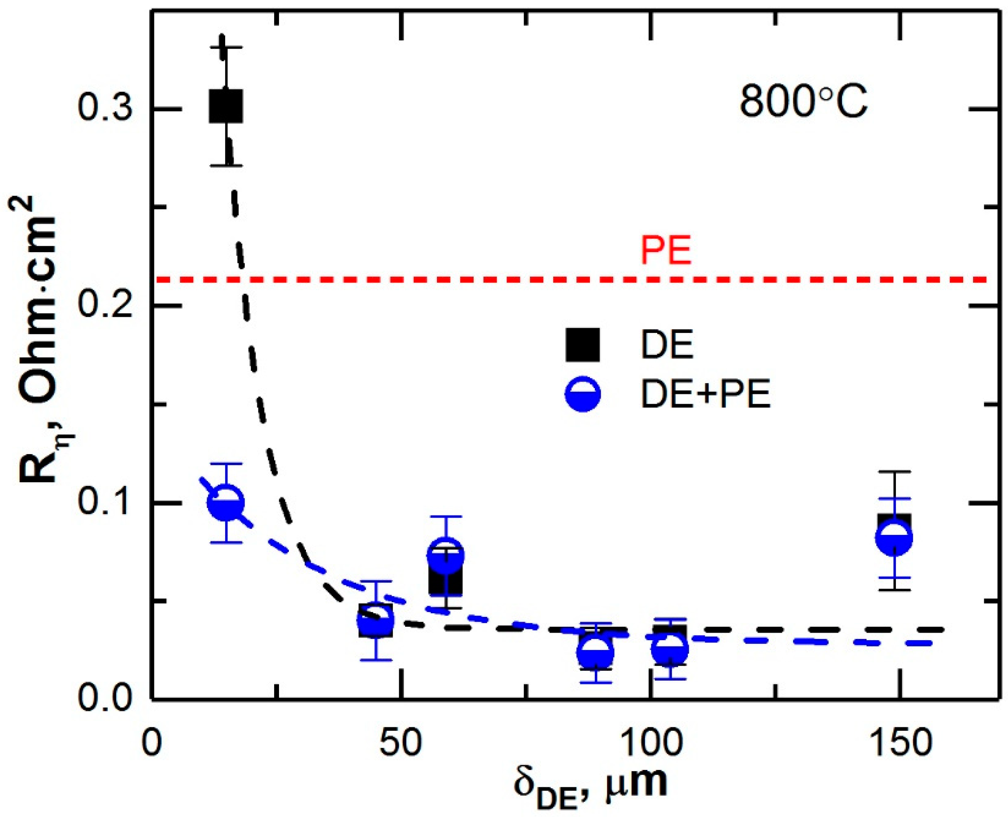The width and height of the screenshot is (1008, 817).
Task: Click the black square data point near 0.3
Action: click(226, 106)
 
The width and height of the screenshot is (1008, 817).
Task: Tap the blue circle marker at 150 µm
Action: click(895, 538)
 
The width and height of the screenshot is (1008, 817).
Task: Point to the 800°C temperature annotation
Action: click(803, 103)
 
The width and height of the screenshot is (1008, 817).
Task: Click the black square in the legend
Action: click(583, 345)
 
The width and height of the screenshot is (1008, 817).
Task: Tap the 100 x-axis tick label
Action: click(650, 744)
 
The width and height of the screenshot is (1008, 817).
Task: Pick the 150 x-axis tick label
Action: click(899, 744)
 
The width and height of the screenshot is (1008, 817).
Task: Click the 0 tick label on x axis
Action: click(152, 744)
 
